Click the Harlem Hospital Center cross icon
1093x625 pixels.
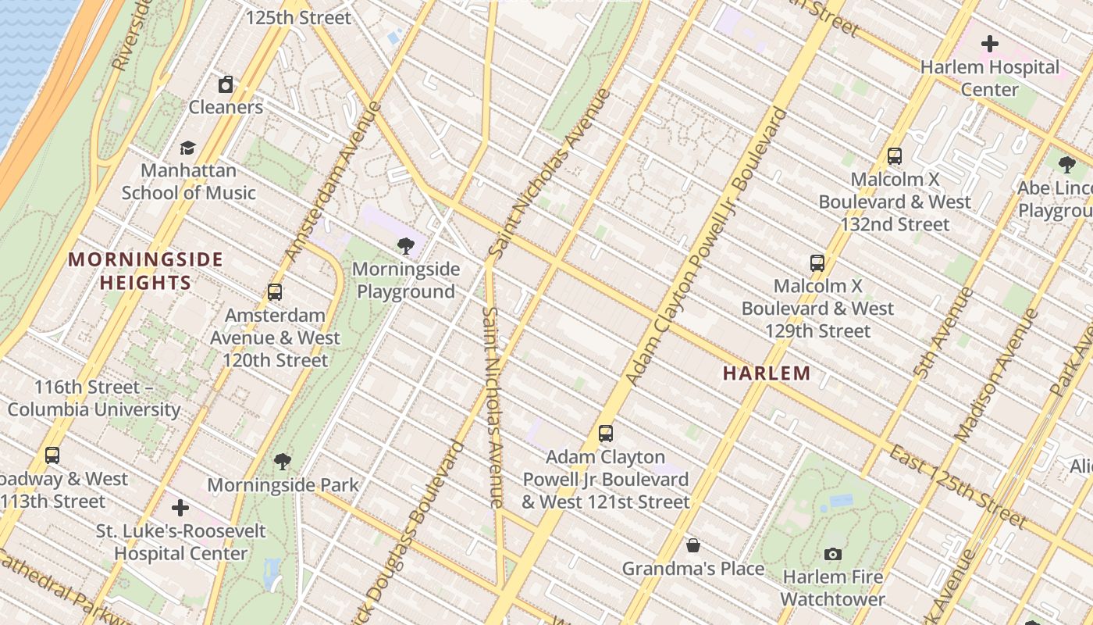(989, 44)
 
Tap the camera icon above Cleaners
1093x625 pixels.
(226, 84)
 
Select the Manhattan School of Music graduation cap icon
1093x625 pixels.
(187, 148)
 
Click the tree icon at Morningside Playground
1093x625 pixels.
(405, 247)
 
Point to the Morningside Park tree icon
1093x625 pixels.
(283, 462)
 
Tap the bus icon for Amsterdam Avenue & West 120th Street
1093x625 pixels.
(275, 292)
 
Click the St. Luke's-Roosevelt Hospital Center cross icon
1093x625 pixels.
(180, 508)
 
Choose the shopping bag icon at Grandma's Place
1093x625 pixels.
(692, 545)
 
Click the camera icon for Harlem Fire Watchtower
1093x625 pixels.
(833, 554)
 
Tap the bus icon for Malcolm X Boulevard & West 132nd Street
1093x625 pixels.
(895, 156)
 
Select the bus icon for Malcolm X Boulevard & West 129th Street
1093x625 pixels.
(817, 262)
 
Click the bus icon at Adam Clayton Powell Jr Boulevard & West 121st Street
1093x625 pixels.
(605, 434)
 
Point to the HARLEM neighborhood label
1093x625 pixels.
(767, 373)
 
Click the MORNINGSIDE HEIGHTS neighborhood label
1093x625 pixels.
(146, 270)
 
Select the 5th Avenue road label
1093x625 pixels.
(945, 334)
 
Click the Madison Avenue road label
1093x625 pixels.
(993, 375)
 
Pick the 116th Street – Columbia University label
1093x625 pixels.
(94, 398)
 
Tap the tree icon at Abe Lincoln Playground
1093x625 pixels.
(1066, 165)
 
